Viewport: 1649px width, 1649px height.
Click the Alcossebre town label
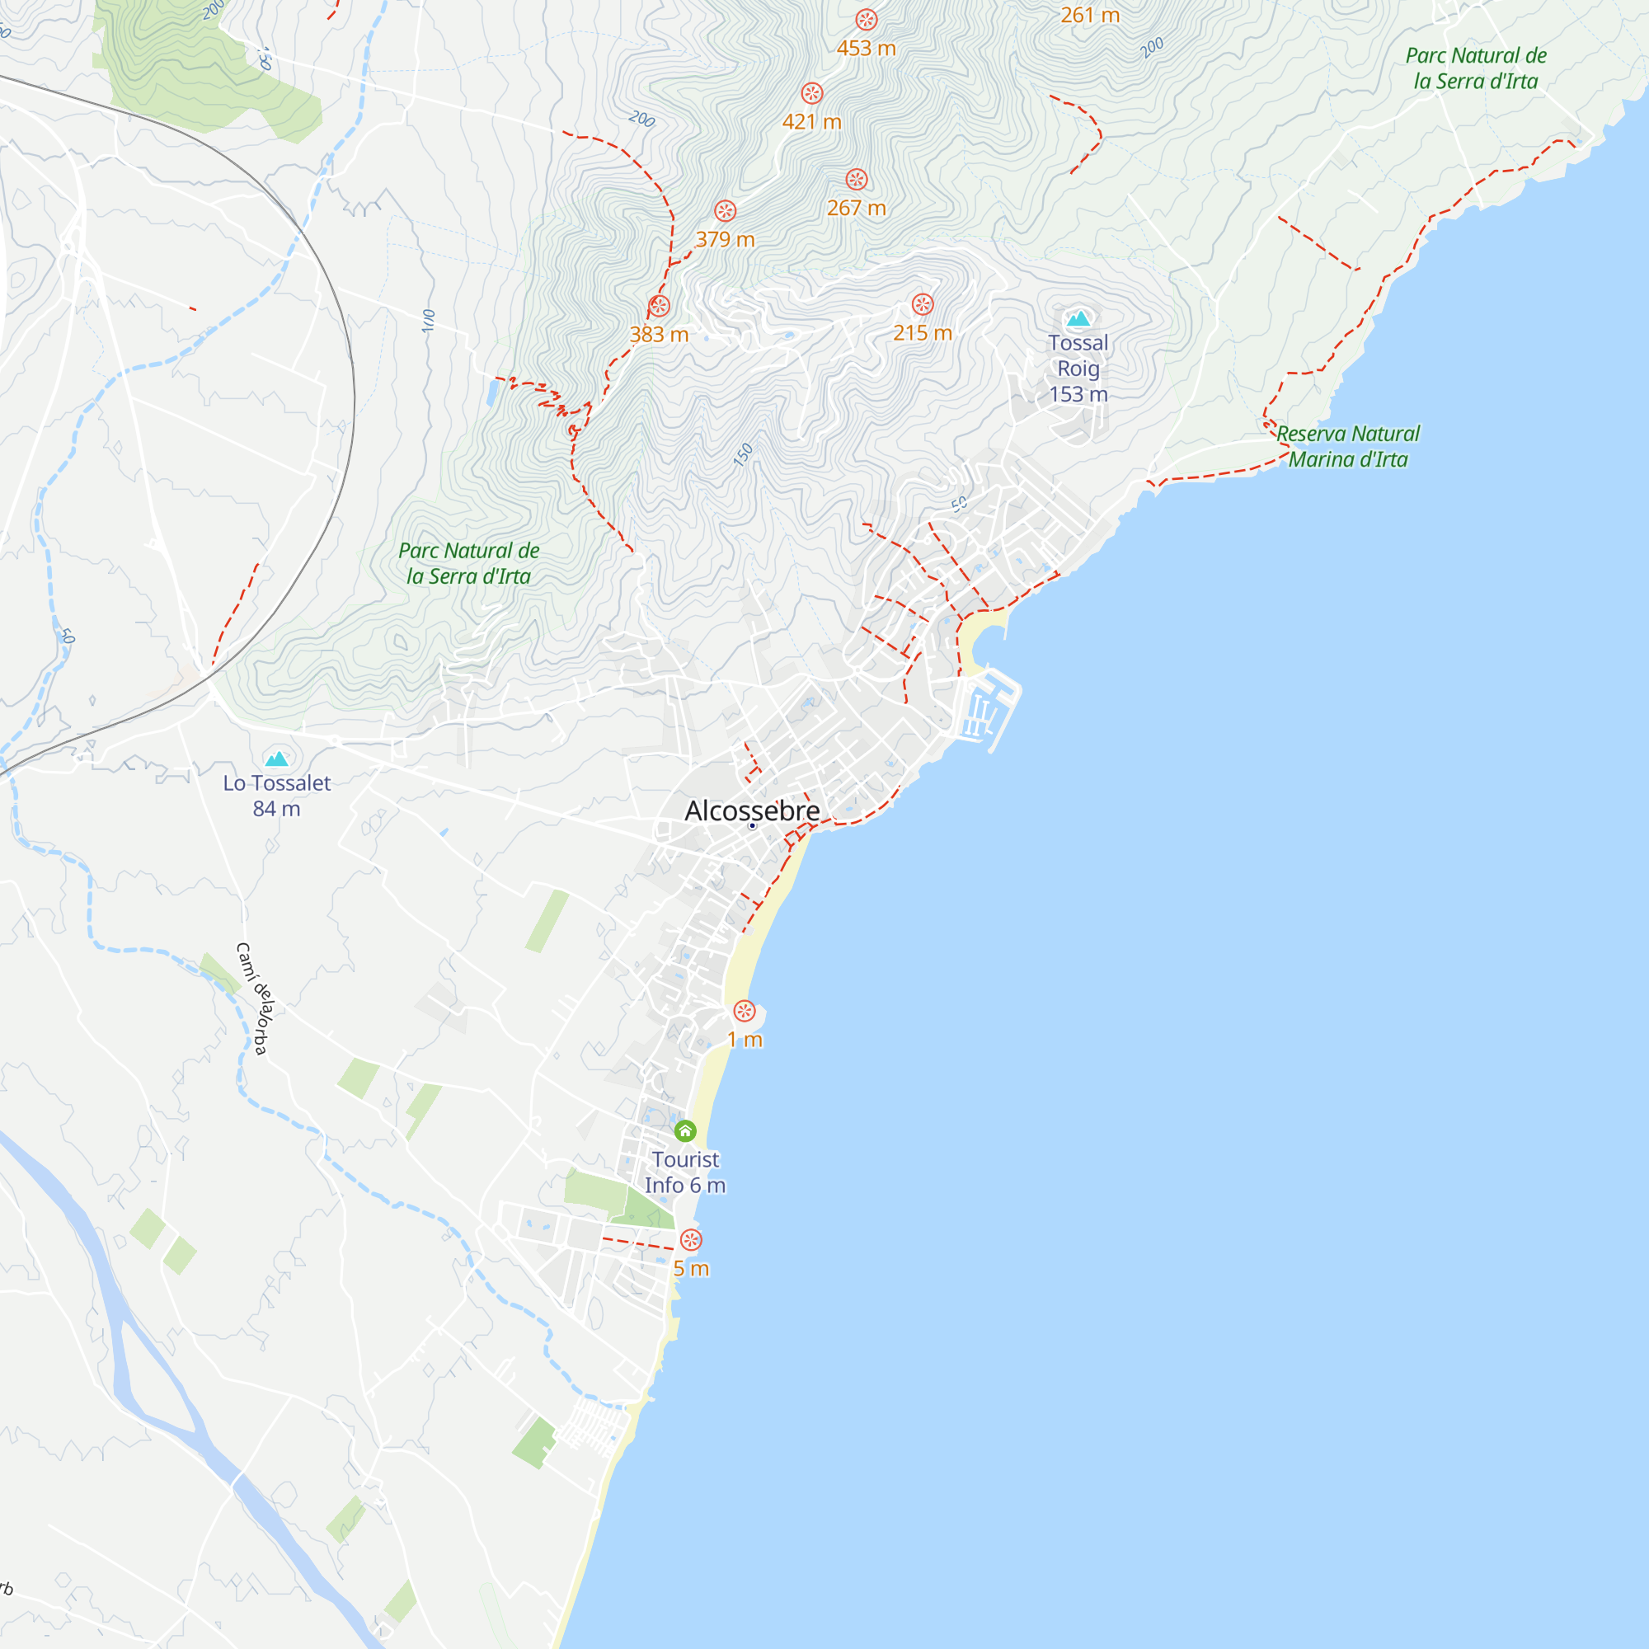(x=752, y=810)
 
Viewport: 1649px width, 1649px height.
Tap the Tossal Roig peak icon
(x=1078, y=319)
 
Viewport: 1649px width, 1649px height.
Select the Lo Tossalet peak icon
(x=276, y=759)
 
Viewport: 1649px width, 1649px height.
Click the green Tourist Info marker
(x=685, y=1132)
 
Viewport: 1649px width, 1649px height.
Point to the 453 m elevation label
(x=867, y=49)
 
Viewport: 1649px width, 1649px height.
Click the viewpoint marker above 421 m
(x=811, y=93)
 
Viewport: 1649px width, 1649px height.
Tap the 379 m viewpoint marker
(x=726, y=211)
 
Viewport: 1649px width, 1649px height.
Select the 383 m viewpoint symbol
(x=659, y=306)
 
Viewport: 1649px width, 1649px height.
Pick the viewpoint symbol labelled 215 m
(x=923, y=304)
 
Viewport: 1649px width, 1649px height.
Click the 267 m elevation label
(x=856, y=209)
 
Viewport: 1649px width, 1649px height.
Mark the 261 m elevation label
(x=1090, y=16)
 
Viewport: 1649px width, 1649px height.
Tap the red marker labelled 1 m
(x=745, y=1012)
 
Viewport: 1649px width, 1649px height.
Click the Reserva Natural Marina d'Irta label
(x=1348, y=446)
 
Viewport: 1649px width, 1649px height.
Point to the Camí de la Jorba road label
(x=254, y=999)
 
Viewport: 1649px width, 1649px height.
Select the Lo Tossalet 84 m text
(x=276, y=796)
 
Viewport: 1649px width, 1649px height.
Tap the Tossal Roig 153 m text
(x=1078, y=369)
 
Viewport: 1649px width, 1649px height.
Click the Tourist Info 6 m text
(x=685, y=1172)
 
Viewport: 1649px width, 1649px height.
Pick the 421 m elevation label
(x=811, y=122)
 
